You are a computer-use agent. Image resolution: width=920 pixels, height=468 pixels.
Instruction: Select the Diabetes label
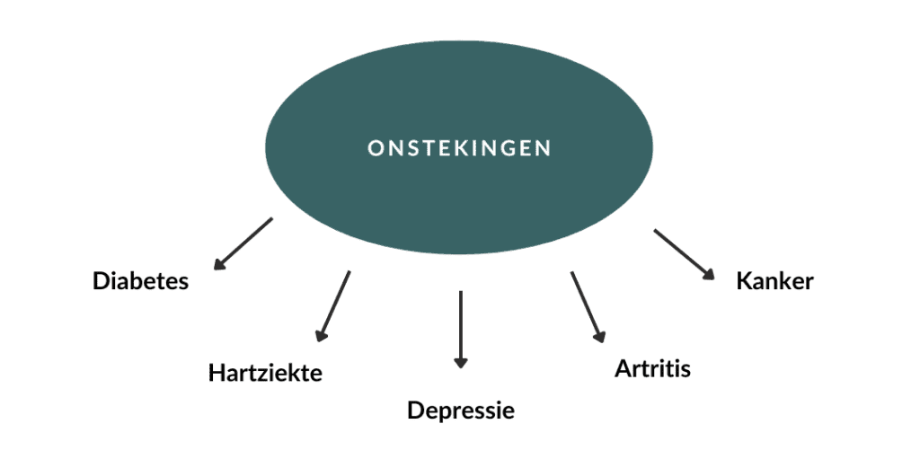141,281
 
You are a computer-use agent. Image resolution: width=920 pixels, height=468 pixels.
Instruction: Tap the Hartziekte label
265,372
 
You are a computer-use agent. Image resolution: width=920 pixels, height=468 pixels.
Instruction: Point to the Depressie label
461,411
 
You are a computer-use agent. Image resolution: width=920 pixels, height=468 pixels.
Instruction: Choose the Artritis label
653,368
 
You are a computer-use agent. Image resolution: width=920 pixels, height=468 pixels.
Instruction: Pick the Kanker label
774,281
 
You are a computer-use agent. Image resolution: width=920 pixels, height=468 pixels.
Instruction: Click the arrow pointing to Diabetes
243,243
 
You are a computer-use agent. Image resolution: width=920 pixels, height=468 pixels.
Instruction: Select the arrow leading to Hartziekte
333,306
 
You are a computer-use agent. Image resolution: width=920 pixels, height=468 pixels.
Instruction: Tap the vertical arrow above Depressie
461,328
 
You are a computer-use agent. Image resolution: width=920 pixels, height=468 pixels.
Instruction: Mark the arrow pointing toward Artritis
586,306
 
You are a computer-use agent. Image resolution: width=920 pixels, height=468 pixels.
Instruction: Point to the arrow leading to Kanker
684,255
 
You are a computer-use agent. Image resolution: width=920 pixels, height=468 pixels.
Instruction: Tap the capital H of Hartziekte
216,372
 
